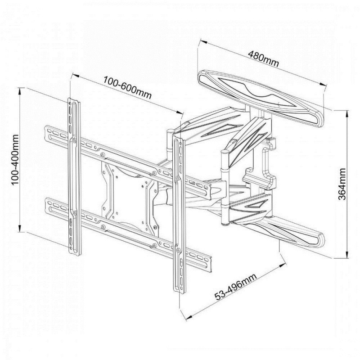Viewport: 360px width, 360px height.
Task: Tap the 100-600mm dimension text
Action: click(x=127, y=87)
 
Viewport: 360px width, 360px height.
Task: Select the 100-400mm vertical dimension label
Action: click(x=15, y=160)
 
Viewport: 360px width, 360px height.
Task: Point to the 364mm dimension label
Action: click(x=342, y=184)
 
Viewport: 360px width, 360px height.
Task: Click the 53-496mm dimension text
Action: click(x=235, y=287)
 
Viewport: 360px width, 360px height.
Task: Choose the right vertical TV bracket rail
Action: click(x=179, y=215)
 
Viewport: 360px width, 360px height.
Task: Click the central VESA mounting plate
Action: click(x=130, y=198)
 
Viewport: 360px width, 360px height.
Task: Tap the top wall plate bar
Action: click(x=261, y=98)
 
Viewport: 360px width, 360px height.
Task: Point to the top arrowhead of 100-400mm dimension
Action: click(x=20, y=91)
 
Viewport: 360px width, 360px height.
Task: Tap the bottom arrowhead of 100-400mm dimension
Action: click(x=20, y=228)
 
